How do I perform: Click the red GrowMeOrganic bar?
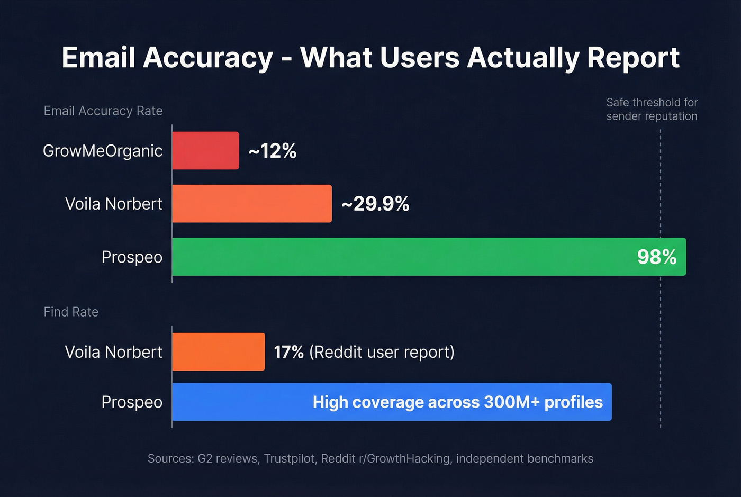click(x=205, y=151)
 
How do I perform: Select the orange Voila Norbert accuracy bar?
click(x=252, y=204)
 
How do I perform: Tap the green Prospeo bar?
click(x=402, y=257)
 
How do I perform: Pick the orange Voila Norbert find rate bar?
click(x=218, y=352)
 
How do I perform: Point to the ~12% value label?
click(x=272, y=151)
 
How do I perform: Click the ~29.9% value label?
click(x=375, y=204)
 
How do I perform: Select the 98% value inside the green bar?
click(x=657, y=257)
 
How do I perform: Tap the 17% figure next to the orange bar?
click(x=288, y=352)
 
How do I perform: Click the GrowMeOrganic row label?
click(x=103, y=151)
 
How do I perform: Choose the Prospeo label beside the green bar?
click(x=132, y=257)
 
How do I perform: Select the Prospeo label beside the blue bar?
click(x=132, y=402)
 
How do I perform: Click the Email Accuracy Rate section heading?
click(x=103, y=111)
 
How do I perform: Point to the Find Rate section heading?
click(x=71, y=312)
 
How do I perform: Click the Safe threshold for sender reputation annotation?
click(x=652, y=110)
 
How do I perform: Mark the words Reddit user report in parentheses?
click(x=382, y=352)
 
